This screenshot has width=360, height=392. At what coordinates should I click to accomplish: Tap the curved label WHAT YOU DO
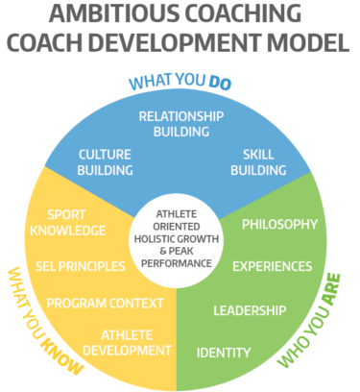(x=180, y=83)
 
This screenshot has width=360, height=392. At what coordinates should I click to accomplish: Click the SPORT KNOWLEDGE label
(x=67, y=222)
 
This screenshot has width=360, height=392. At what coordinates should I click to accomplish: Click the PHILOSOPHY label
(x=278, y=225)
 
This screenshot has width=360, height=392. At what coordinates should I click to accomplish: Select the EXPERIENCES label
(x=273, y=266)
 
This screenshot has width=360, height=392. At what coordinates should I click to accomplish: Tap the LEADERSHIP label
(x=249, y=310)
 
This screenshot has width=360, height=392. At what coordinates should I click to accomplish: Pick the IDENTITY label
(x=223, y=352)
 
